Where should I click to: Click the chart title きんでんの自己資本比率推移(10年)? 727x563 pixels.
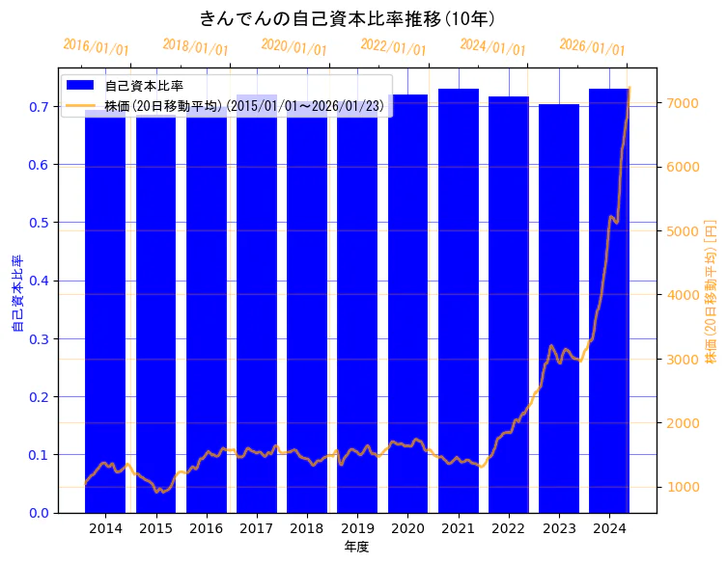(x=348, y=18)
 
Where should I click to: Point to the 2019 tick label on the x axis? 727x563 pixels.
(x=357, y=528)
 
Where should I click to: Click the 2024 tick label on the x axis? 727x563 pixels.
(x=609, y=528)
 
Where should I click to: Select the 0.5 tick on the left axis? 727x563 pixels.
(x=39, y=223)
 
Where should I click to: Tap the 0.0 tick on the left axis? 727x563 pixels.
(x=39, y=513)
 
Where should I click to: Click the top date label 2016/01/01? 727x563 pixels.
(x=96, y=47)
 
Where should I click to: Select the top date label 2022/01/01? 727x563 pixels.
(x=393, y=47)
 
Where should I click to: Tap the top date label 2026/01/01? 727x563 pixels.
(x=592, y=47)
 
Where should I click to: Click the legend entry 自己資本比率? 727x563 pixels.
(x=144, y=86)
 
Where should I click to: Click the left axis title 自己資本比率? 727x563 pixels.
(x=16, y=294)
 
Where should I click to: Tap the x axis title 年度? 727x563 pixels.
(x=356, y=547)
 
